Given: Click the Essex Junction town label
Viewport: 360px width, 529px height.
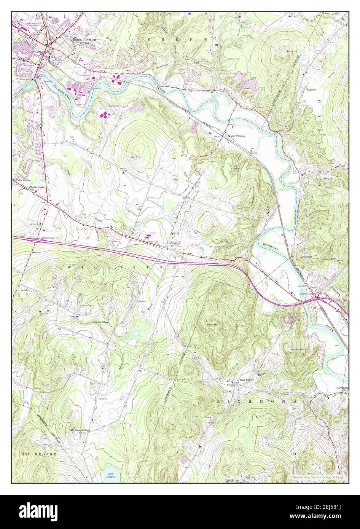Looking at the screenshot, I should point(82,39).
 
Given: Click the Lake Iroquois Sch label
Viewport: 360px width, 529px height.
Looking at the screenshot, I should point(79,430).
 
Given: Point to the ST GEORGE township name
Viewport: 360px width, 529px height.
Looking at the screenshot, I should point(39,454).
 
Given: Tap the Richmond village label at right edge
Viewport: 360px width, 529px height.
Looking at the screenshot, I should point(342,388).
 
